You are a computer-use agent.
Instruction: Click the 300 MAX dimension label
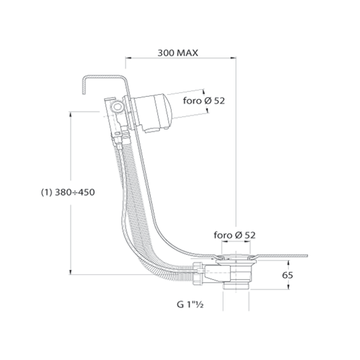(178, 53)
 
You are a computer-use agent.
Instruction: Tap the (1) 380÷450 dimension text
(68, 192)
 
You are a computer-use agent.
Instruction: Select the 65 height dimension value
(287, 275)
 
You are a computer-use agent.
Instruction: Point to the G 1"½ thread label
(190, 305)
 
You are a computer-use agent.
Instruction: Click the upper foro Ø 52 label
(204, 100)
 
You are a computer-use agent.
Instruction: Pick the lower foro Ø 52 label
(234, 235)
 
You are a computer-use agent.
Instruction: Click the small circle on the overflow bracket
(117, 107)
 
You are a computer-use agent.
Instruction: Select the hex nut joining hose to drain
(198, 274)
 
